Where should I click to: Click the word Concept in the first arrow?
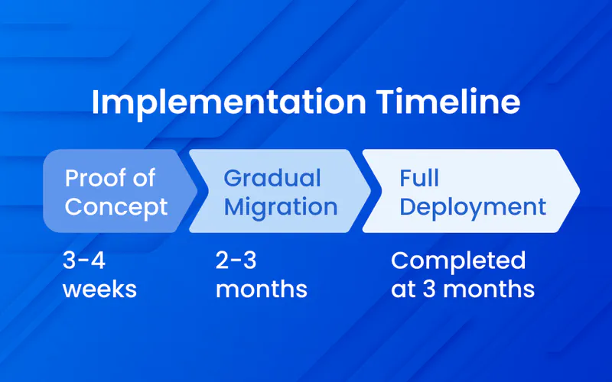[116, 206]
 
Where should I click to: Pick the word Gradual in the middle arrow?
[272, 178]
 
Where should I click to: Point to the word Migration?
[280, 206]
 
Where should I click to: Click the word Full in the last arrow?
[419, 178]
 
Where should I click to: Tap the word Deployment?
[473, 206]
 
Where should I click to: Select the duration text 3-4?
[84, 261]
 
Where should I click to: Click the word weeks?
[100, 290]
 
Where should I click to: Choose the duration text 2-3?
[238, 261]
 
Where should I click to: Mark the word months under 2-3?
[262, 290]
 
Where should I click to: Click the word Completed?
[458, 261]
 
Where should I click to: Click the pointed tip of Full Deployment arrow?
[578, 191]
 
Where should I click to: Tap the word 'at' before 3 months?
[405, 290]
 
